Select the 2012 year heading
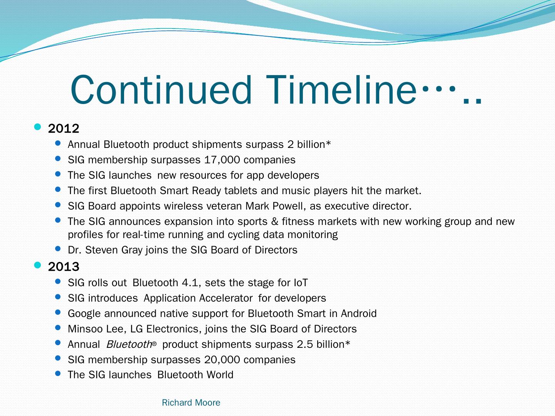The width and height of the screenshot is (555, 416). pos(64,129)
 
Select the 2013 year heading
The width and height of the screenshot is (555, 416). pos(64,267)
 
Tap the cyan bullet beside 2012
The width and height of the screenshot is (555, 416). pos(37,127)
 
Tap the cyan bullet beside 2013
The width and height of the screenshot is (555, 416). pos(37,265)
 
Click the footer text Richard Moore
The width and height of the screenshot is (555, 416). pos(191,403)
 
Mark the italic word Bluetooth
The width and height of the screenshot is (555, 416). pos(129,344)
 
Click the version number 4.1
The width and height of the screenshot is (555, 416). pos(190,283)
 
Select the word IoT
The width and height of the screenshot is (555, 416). pos(300,283)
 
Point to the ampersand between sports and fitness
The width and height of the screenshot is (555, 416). pos(274,221)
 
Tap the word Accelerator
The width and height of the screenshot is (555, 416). pos(225,298)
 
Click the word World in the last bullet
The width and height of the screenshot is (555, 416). pos(220,375)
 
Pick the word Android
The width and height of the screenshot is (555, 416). pos(358,314)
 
